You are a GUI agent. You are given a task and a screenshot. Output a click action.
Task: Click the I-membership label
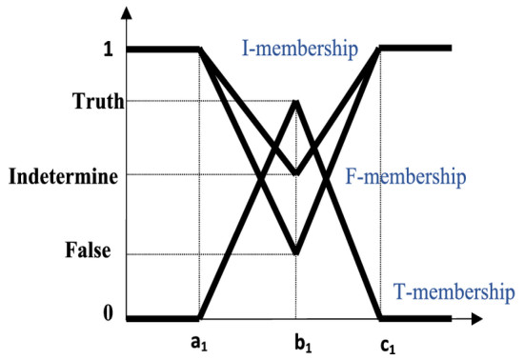(300, 50)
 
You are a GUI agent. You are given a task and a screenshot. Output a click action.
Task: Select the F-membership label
(405, 176)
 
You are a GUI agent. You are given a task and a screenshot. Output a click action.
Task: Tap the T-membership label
(454, 292)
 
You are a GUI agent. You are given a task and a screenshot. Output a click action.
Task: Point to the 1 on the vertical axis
(109, 50)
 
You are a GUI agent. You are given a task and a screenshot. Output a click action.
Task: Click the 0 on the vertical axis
(108, 313)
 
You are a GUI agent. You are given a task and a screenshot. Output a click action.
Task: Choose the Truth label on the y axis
(98, 101)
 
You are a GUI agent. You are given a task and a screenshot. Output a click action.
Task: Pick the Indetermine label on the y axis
(63, 176)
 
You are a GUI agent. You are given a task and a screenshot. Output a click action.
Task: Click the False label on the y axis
(88, 250)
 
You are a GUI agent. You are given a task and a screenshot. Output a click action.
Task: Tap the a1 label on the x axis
(199, 343)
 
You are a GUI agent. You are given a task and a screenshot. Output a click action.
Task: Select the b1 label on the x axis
(303, 343)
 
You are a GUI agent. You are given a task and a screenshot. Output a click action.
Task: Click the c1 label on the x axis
(388, 345)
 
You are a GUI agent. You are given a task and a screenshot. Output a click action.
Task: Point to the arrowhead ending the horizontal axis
(476, 319)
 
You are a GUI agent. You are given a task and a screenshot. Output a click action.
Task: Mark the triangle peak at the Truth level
(296, 101)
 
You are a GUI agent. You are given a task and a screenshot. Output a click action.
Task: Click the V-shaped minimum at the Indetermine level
(295, 174)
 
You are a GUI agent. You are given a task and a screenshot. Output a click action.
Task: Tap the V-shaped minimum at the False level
(295, 253)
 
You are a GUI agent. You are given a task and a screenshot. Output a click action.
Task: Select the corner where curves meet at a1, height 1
(200, 50)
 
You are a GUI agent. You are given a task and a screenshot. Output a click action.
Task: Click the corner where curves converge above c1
(379, 49)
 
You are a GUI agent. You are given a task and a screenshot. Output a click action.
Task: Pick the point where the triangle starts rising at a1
(200, 318)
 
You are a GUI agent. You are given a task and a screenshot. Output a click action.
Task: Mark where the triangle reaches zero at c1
(379, 318)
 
